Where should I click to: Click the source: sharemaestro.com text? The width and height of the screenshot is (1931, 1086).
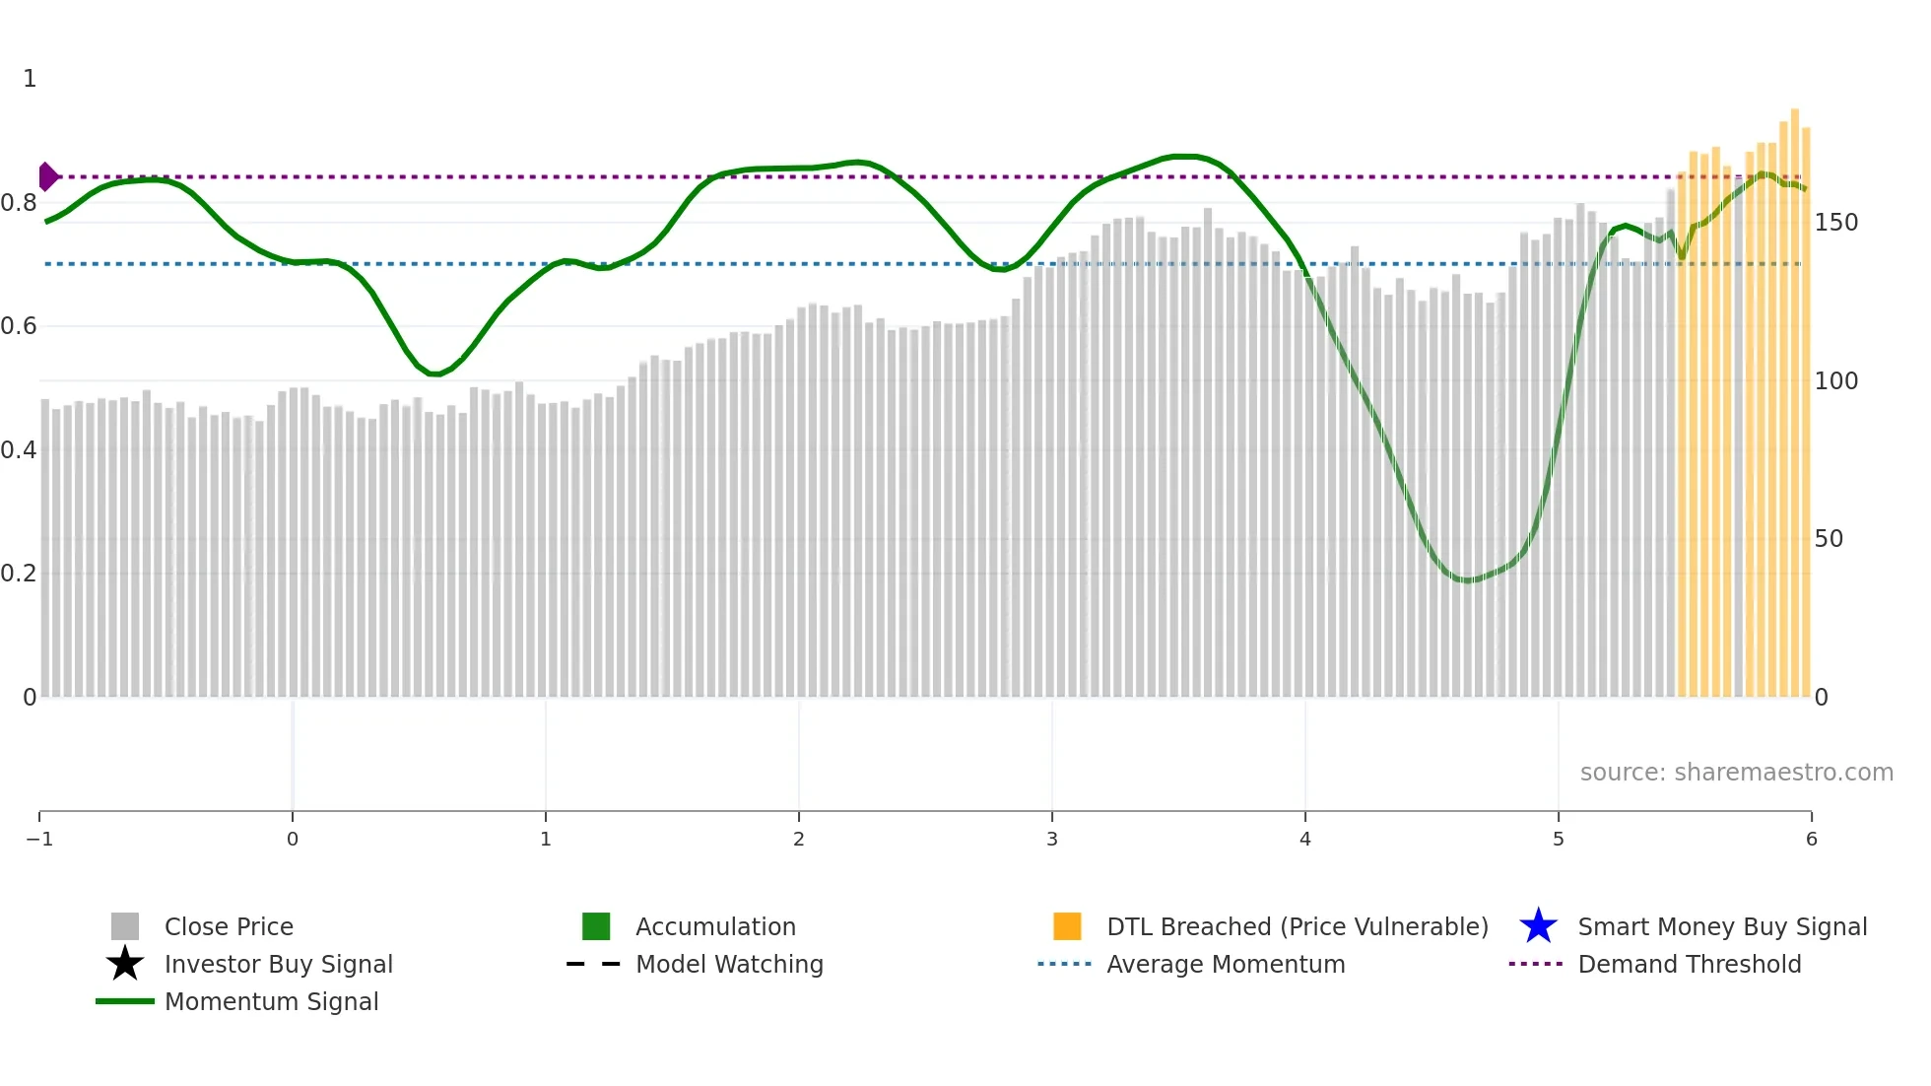pyautogui.click(x=1736, y=773)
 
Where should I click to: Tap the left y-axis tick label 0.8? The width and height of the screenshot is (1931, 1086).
pyautogui.click(x=19, y=203)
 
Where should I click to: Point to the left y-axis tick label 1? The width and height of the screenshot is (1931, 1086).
pyautogui.click(x=30, y=79)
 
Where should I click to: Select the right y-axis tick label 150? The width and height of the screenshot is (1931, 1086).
pyautogui.click(x=1835, y=223)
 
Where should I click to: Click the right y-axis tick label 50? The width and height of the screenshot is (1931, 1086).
pyautogui.click(x=1828, y=539)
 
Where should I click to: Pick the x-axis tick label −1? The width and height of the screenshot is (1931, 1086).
pyautogui.click(x=39, y=840)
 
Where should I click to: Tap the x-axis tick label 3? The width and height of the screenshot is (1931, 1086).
pyautogui.click(x=1051, y=840)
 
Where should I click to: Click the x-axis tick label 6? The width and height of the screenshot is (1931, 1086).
pyautogui.click(x=1811, y=840)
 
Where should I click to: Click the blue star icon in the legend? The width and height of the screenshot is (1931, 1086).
pyautogui.click(x=1538, y=926)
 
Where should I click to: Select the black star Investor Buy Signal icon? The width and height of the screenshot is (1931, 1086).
pyautogui.click(x=125, y=964)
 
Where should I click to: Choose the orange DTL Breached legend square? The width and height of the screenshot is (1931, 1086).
pyautogui.click(x=1067, y=926)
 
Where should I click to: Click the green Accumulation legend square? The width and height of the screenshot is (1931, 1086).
pyautogui.click(x=596, y=926)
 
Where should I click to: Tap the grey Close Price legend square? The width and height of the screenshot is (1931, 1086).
pyautogui.click(x=125, y=926)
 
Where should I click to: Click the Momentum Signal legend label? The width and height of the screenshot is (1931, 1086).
pyautogui.click(x=271, y=1002)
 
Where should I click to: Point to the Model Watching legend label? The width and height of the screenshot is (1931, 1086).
pyautogui.click(x=729, y=965)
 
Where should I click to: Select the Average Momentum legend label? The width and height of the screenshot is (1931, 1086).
pyautogui.click(x=1226, y=965)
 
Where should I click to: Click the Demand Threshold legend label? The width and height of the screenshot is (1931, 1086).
pyautogui.click(x=1689, y=965)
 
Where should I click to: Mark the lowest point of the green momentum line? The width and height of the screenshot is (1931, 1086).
pyautogui.click(x=1467, y=580)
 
